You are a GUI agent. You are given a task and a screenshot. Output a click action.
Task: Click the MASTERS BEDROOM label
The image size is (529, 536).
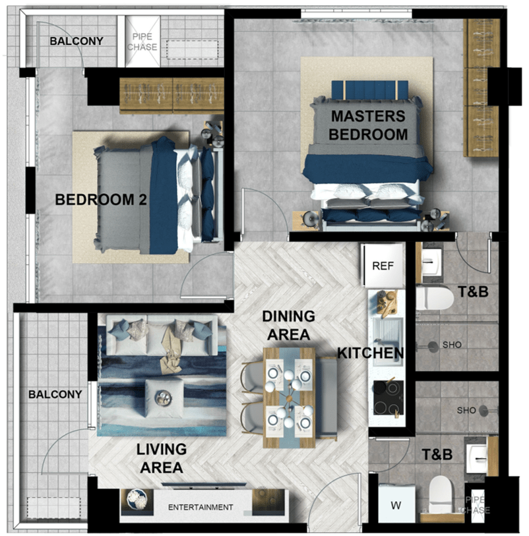[368, 125]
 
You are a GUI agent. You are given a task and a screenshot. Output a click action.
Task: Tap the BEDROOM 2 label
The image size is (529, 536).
[101, 200]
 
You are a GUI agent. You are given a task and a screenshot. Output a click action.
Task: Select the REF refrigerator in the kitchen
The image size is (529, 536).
[383, 265]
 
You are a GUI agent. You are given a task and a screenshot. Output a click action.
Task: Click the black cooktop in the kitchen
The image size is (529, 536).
[388, 398]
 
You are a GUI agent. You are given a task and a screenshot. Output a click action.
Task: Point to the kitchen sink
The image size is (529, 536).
[387, 332]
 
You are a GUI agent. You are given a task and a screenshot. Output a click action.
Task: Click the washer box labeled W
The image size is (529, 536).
[396, 504]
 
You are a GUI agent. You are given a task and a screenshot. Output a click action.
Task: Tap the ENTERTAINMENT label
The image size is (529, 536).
[201, 507]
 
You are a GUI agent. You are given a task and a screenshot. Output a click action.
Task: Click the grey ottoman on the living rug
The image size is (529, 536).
[164, 398]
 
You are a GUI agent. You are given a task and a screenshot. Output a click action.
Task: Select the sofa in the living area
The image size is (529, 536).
[162, 336]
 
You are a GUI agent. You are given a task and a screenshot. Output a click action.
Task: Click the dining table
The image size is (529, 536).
[289, 398]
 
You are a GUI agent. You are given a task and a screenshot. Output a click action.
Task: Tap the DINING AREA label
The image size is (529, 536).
[289, 326]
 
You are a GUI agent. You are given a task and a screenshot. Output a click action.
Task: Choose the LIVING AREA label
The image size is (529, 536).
[162, 458]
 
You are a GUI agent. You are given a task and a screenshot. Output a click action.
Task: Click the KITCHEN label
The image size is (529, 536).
[371, 353]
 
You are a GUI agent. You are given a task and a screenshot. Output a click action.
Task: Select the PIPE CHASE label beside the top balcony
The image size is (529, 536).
[142, 42]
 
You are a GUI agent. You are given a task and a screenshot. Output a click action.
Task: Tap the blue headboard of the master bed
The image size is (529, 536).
[369, 90]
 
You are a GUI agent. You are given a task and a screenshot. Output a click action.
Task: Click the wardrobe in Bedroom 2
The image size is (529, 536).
[171, 96]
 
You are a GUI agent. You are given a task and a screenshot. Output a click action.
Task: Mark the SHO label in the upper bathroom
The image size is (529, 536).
[452, 345]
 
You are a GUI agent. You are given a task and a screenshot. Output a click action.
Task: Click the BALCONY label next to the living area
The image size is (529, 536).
[55, 394]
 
